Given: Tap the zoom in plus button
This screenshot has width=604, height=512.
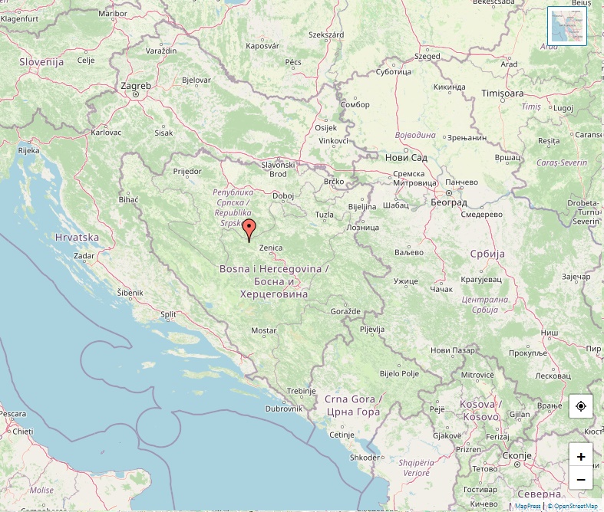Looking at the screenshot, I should pyautogui.click(x=581, y=456).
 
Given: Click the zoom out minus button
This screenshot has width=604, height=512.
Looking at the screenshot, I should pyautogui.click(x=581, y=479).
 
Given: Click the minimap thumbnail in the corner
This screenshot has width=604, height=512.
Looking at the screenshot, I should pyautogui.click(x=567, y=26).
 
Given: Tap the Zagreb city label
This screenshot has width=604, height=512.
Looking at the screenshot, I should pyautogui.click(x=136, y=86).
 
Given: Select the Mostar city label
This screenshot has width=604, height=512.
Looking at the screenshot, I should pyautogui.click(x=264, y=331).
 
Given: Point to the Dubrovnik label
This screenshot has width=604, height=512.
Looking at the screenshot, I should pyautogui.click(x=283, y=409).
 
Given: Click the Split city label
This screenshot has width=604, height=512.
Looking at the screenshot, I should pyautogui.click(x=168, y=314).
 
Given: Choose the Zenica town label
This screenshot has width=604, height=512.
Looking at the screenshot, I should pyautogui.click(x=271, y=248).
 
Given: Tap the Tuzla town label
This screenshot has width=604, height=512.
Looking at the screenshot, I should pyautogui.click(x=325, y=215).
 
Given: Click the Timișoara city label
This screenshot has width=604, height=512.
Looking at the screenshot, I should pyautogui.click(x=502, y=93).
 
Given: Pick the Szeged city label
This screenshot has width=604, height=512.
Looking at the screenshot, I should pyautogui.click(x=427, y=56).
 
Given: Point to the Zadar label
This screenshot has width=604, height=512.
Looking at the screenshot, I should pyautogui.click(x=84, y=256).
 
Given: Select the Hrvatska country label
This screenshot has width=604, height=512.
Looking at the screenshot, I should pyautogui.click(x=77, y=238).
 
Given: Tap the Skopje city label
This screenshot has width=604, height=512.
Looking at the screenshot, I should pyautogui.click(x=517, y=455).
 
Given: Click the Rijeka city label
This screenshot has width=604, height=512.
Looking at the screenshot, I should pyautogui.click(x=28, y=150).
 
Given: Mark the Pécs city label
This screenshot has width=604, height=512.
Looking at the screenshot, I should pyautogui.click(x=292, y=61).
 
